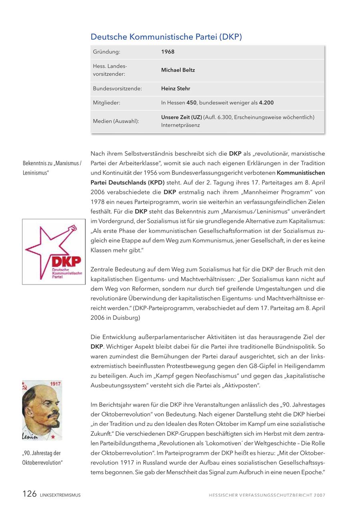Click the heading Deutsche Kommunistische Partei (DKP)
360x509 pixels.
(166, 37)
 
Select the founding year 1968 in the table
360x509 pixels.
(168, 52)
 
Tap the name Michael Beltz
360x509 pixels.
(178, 70)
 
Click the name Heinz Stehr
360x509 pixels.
(176, 88)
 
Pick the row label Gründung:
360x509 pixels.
(106, 52)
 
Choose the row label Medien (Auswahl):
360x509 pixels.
(116, 121)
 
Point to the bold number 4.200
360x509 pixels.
(266, 103)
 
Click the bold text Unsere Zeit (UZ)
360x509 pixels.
(181, 117)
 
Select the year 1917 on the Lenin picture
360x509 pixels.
(55, 384)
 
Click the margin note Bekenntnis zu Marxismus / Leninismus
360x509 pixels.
(52, 168)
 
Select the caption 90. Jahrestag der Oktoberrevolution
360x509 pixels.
(42, 458)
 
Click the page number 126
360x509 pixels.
(30, 494)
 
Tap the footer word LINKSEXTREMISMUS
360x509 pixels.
(60, 495)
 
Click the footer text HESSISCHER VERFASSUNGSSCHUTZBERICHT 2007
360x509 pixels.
(267, 495)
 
